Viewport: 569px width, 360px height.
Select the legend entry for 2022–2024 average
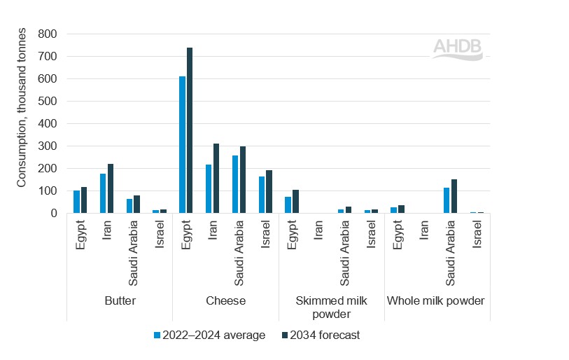[x=209, y=335]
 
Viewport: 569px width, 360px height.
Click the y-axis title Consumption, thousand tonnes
[x=22, y=107]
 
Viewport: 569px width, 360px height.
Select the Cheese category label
[x=225, y=301]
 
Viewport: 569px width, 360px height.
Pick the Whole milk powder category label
[x=436, y=301]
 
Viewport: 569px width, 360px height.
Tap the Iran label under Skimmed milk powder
[x=319, y=231]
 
